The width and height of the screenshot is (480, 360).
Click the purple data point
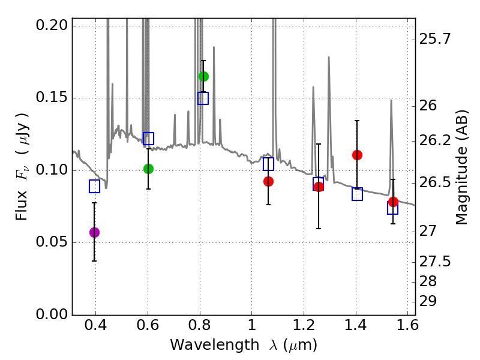94,232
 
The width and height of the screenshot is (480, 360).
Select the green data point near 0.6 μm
148,169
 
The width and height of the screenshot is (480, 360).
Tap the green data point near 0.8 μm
203,76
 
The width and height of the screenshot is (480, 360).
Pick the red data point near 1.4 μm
357,155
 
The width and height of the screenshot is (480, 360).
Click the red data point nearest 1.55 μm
393,202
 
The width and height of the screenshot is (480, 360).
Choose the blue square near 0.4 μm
94,187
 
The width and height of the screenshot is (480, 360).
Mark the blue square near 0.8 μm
203,98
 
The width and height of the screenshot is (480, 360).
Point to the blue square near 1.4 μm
357,194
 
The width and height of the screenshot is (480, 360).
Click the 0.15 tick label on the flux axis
53,98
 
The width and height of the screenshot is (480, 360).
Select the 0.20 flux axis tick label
53,26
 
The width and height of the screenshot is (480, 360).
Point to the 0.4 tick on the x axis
96,328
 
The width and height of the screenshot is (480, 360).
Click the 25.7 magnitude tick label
436,40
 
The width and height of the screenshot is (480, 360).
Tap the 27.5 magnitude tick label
436,262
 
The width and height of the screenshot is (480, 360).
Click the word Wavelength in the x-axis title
205,345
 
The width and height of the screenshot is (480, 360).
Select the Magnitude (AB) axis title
461,168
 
